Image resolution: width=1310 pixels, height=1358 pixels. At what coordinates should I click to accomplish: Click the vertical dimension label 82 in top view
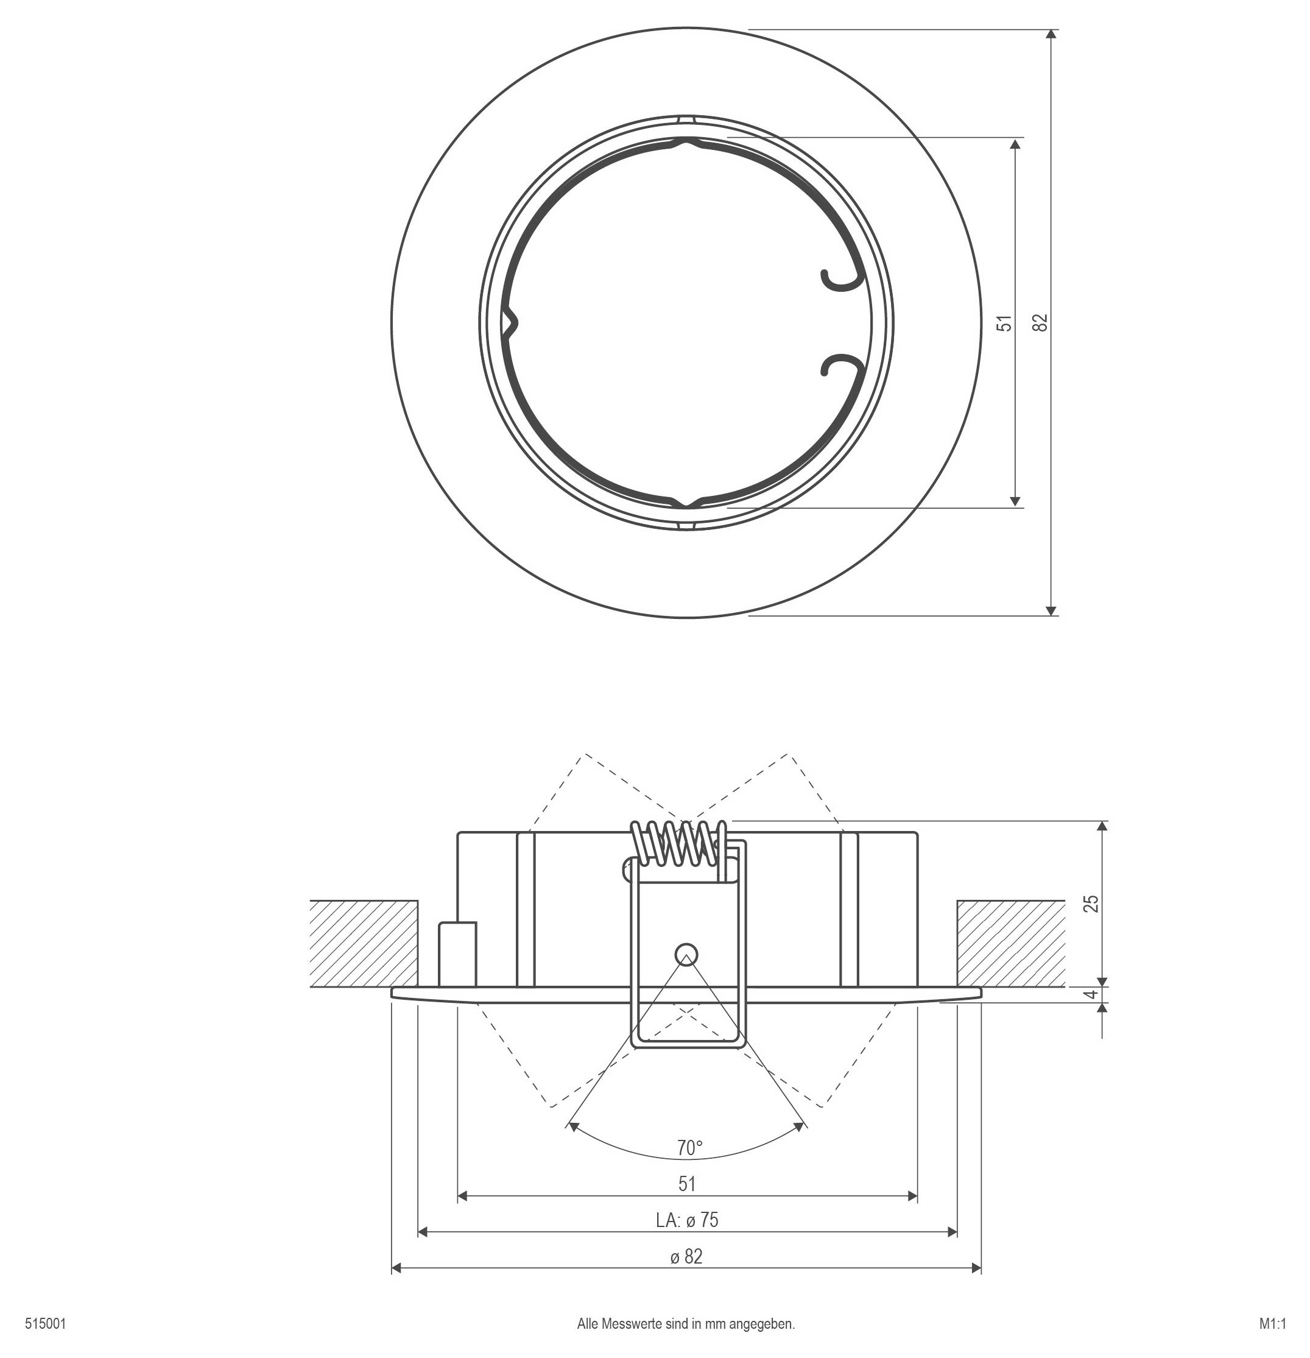(1040, 322)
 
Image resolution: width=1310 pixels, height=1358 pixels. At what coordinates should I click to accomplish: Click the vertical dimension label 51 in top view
(1004, 322)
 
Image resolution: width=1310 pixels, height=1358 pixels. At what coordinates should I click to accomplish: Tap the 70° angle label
(689, 1148)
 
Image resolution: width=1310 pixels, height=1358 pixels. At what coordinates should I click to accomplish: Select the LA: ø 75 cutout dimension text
(686, 1220)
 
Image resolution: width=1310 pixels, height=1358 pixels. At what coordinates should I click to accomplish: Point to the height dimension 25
(1091, 904)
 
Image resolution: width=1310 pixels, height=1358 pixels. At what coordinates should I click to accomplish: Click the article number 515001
(46, 1324)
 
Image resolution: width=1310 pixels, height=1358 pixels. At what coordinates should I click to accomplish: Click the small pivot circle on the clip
(686, 953)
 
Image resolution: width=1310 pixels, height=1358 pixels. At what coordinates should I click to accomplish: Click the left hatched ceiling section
(364, 943)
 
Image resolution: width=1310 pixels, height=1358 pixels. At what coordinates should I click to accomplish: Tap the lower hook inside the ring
(840, 365)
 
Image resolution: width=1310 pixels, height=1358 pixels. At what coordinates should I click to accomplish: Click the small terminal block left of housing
(457, 953)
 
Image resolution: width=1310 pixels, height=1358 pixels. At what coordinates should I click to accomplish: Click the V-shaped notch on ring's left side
(511, 322)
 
